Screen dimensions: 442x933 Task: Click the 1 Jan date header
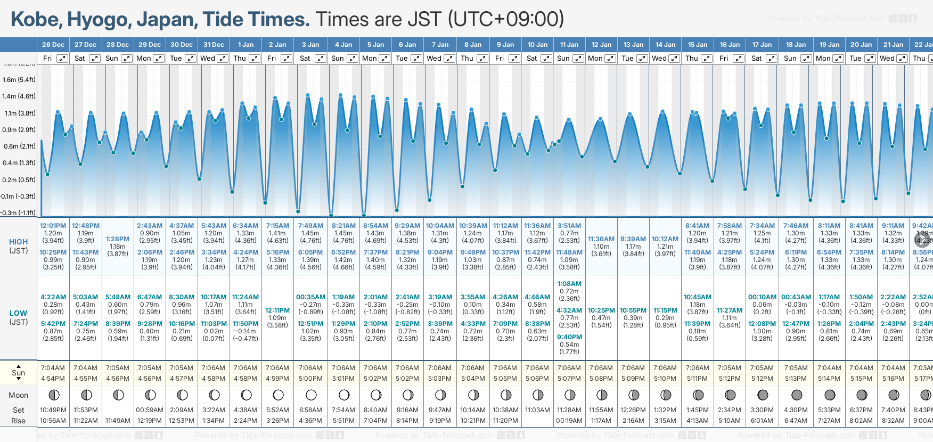245,45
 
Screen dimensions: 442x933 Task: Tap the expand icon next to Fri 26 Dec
62,59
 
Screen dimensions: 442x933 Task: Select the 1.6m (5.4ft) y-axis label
19,80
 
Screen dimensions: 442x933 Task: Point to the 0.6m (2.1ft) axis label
19,146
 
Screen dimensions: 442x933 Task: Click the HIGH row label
18,242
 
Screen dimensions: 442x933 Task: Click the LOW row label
18,313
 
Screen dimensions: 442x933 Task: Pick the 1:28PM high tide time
118,239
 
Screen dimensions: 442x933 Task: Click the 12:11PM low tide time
277,310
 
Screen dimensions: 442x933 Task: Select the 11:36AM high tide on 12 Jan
601,239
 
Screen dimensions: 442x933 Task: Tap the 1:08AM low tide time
569,284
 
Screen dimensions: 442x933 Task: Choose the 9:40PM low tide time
569,337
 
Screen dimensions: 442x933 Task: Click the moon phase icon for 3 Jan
311,395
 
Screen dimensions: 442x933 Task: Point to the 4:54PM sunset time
53,379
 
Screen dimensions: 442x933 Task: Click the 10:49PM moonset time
53,410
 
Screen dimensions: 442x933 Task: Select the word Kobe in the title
35,20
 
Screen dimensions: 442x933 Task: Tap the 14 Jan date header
665,45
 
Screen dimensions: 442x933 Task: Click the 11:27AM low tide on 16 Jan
730,310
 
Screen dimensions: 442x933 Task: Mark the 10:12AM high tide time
665,239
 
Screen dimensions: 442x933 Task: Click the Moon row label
18,395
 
